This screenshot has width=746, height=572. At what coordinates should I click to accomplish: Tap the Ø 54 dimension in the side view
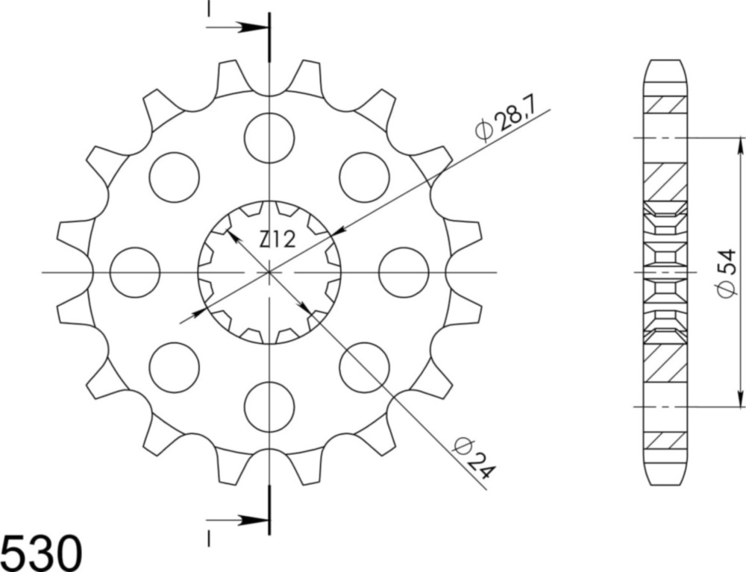click(x=727, y=273)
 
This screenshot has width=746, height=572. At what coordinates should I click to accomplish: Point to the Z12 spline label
click(x=278, y=239)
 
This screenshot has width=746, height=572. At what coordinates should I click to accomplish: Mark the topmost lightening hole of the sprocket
click(x=269, y=138)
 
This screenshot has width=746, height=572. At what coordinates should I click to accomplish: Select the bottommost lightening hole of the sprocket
click(x=269, y=406)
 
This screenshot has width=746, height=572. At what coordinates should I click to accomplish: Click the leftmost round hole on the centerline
click(x=135, y=272)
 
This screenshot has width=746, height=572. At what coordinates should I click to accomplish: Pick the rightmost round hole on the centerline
click(x=404, y=272)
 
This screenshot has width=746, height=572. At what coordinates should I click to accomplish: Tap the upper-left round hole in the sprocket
click(x=175, y=177)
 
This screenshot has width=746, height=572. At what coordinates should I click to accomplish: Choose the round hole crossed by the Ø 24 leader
click(x=364, y=367)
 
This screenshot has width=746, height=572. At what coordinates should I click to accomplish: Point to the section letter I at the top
click(x=209, y=8)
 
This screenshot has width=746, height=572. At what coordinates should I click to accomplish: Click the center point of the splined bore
click(x=269, y=272)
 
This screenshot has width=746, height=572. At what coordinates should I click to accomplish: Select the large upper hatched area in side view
click(x=665, y=181)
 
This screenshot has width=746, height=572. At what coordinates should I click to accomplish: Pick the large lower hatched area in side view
click(x=665, y=363)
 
